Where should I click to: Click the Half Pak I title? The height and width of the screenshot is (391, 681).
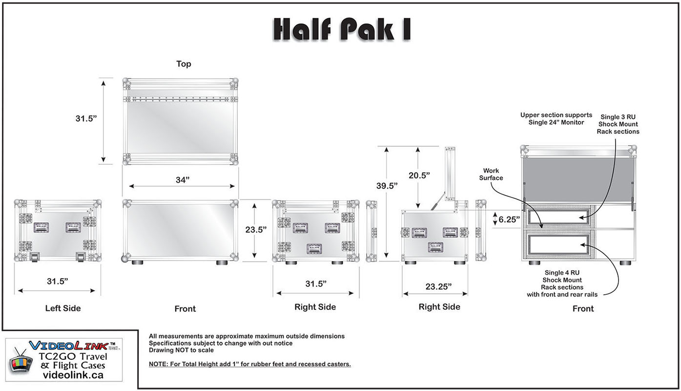click(341, 29)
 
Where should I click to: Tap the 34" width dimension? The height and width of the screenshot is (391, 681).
click(182, 180)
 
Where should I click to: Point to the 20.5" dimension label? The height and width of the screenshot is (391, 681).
click(418, 175)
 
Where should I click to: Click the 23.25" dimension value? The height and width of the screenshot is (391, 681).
click(438, 286)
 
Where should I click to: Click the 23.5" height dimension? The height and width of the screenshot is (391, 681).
click(256, 230)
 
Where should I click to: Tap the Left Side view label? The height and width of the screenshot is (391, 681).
click(63, 308)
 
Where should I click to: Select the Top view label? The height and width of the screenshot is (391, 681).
click(184, 64)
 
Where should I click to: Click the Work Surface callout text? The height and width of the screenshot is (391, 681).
click(491, 174)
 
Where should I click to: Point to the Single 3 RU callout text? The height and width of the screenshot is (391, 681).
click(618, 124)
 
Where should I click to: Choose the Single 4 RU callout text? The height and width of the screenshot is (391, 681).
click(562, 283)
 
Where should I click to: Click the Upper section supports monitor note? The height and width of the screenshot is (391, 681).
click(556, 119)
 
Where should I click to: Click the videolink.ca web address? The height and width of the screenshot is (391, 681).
click(73, 375)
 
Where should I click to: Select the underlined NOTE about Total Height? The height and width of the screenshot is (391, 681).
click(249, 364)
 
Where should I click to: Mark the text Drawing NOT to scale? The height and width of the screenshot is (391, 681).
click(181, 350)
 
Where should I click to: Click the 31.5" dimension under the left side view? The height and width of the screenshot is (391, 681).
click(57, 281)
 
